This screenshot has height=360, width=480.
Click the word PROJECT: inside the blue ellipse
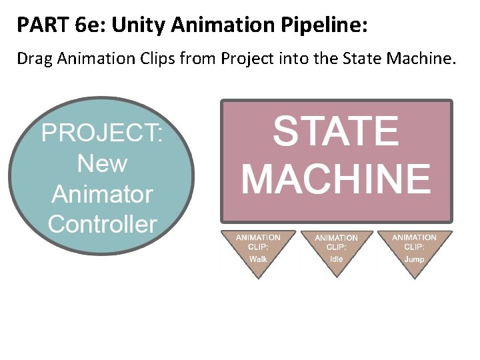click(x=102, y=133)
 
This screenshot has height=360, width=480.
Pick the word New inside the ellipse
click(x=102, y=163)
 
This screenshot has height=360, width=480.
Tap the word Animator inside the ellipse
click(x=102, y=194)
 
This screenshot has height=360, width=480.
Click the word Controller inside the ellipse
click(x=102, y=224)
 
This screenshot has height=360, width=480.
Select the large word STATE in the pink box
click(x=336, y=131)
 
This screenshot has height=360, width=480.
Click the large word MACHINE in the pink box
click(x=336, y=178)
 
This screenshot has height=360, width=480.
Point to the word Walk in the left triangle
click(x=258, y=259)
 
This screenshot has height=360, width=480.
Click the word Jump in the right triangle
click(x=414, y=259)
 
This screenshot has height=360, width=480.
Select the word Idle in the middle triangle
click(x=336, y=259)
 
